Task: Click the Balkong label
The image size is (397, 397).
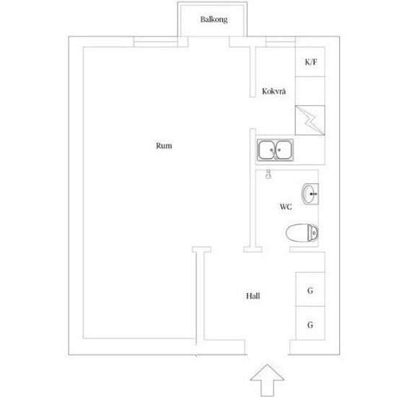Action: coord(214,19)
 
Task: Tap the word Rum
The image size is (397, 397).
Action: coord(164,146)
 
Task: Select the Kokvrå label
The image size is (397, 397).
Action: coord(274,91)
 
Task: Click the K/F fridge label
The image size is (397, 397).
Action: coord(310,62)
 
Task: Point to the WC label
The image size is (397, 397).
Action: coord(286,207)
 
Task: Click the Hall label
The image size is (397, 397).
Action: coord(253,296)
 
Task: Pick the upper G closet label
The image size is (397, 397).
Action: coord(310,291)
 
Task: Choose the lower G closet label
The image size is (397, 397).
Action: coord(310,325)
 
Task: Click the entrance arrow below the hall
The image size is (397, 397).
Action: coord(267,380)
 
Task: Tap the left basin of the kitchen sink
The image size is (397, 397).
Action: coord(266,150)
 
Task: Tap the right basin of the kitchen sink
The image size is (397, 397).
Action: coord(284,150)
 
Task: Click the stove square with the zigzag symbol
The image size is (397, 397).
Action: coord(310,121)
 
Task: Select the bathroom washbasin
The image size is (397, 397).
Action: coord(310,194)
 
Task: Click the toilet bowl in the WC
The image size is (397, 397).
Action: coord(297,232)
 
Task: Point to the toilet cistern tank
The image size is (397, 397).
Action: coord(313,232)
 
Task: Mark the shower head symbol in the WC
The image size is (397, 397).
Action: coord(269,175)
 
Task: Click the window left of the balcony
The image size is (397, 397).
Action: coord(155,42)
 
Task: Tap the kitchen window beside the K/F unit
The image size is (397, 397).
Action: coord(281,42)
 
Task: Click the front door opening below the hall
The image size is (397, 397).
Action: coord(267,347)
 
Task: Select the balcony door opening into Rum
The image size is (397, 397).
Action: coord(209,42)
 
